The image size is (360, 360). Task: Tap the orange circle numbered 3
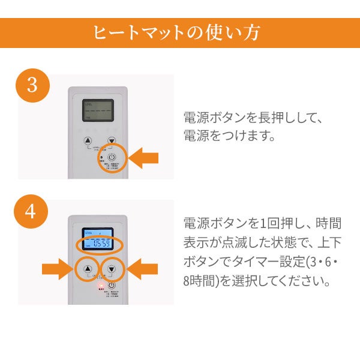coord(33,85)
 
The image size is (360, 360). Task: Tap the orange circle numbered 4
coord(33,212)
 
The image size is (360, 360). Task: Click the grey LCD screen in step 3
coord(98,110)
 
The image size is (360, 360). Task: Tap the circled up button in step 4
coord(88,269)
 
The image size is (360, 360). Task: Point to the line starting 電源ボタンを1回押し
coord(262,223)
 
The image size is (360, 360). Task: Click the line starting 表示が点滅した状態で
coord(262,242)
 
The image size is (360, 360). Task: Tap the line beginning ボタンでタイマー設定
coord(262,262)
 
